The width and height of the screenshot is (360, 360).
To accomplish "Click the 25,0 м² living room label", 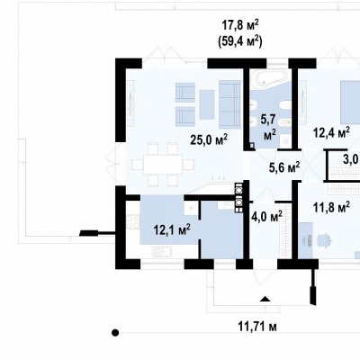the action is [x=209, y=139].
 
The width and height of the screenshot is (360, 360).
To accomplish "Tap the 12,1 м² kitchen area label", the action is [x=172, y=229].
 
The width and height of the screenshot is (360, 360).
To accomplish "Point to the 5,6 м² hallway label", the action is [x=284, y=167].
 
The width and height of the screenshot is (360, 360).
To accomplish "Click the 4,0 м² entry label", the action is [x=266, y=215].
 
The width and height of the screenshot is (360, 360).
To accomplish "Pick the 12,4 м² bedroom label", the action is [x=331, y=132].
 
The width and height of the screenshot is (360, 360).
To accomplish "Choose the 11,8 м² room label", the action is [x=331, y=207].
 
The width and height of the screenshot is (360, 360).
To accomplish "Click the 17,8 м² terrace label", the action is [x=239, y=25].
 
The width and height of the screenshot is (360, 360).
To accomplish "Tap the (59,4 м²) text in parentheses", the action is [x=239, y=41].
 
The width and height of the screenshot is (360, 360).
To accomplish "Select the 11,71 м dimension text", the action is [x=257, y=327].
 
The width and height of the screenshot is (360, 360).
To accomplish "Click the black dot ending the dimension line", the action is [x=115, y=332].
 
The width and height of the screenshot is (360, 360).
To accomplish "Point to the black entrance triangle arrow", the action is [x=265, y=299].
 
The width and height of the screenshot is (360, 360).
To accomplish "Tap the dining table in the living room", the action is [x=163, y=164].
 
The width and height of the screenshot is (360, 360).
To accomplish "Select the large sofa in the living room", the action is [x=229, y=104].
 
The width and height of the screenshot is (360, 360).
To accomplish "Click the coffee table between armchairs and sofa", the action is [x=206, y=104].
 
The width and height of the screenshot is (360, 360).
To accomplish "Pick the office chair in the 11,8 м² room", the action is [x=322, y=239].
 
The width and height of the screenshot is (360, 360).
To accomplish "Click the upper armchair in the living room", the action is [x=184, y=93].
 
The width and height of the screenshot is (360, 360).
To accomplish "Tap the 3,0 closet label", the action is [x=352, y=159].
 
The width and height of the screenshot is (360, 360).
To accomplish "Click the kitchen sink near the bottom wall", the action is [x=162, y=251].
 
